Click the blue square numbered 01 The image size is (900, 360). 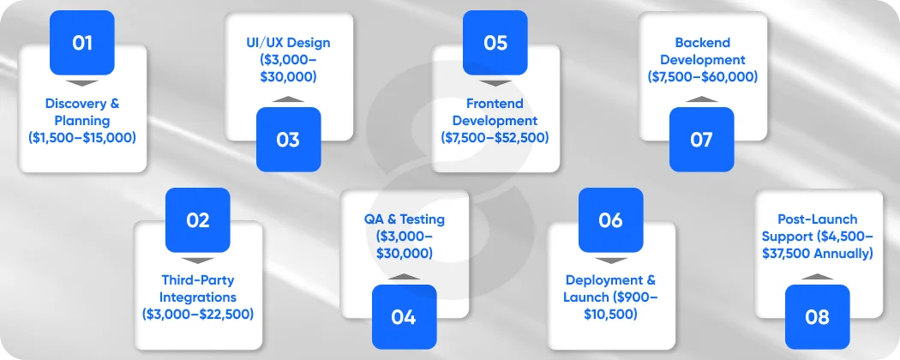pos(82,42)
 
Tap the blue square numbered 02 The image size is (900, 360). pos(197,219)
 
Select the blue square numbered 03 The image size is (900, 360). pos(288,139)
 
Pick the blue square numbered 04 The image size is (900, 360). pos(404,316)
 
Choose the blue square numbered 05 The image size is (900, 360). pos(495,42)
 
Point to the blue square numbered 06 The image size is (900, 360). pos(610,219)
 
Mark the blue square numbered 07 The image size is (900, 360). pos(701,139)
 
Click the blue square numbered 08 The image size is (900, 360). pos(817,316)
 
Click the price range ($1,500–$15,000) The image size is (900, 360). pos(82,137)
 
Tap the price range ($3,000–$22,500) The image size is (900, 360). pos(198,314)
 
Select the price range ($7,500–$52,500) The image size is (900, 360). pos(495,137)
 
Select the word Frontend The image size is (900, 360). pos(495,104)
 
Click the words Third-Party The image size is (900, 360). pos(198,279)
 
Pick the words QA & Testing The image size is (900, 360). pos(405,219)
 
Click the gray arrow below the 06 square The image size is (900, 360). pos(610,260)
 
